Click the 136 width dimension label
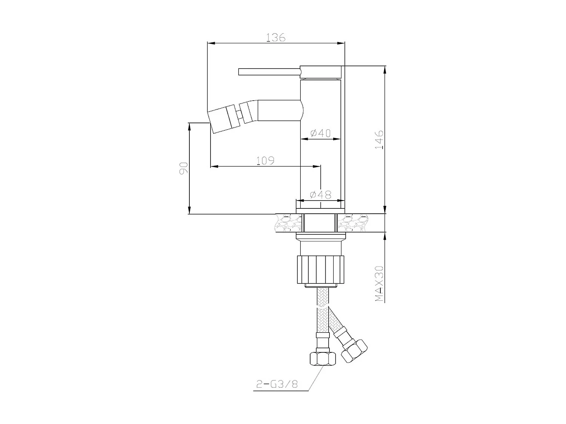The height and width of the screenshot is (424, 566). pos(276,38)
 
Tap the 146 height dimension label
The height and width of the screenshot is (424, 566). pos(379,139)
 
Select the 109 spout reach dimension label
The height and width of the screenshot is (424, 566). pos(265,161)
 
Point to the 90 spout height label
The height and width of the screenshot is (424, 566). pos(184,168)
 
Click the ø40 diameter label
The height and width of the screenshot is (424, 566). pos(320,133)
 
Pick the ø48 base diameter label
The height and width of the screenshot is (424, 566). pos(321,194)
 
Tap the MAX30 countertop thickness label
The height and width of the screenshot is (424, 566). pos(379,283)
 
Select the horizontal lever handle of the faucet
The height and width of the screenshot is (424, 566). pos(269,72)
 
